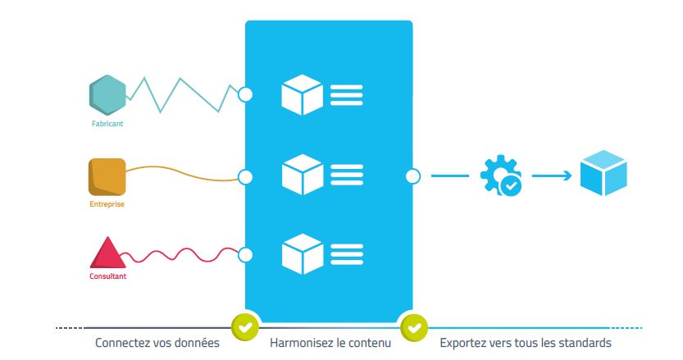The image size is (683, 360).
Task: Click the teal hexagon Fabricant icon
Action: tap(107, 95)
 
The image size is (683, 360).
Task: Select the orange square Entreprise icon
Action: tap(107, 176)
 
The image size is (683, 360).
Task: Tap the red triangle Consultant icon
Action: tap(107, 253)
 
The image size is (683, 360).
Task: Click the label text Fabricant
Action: tap(107, 124)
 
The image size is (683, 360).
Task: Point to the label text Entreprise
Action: tap(107, 203)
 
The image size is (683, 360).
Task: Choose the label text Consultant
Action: tap(107, 276)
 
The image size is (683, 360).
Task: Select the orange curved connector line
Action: tap(180, 173)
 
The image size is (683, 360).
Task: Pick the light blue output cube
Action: tap(603, 174)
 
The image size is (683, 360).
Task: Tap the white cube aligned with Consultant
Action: tap(302, 254)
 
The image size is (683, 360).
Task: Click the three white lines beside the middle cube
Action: tap(347, 175)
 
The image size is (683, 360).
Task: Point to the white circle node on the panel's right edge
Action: tap(412, 175)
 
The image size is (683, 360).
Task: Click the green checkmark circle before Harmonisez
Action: tap(245, 327)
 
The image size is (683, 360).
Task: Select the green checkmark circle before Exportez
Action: tap(413, 327)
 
